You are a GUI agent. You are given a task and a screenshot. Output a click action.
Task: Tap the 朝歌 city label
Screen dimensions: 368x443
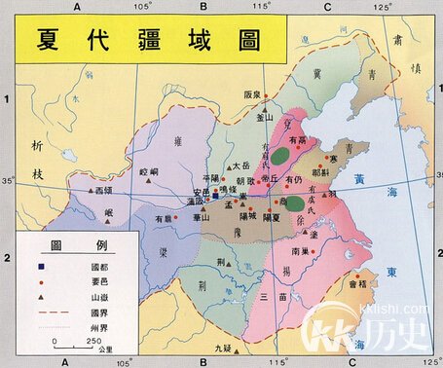click(x=244, y=180)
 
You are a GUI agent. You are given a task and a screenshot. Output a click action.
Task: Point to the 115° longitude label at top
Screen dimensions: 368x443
click(x=259, y=8)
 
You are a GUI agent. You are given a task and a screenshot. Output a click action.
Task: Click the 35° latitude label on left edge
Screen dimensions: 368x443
click(x=8, y=181)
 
